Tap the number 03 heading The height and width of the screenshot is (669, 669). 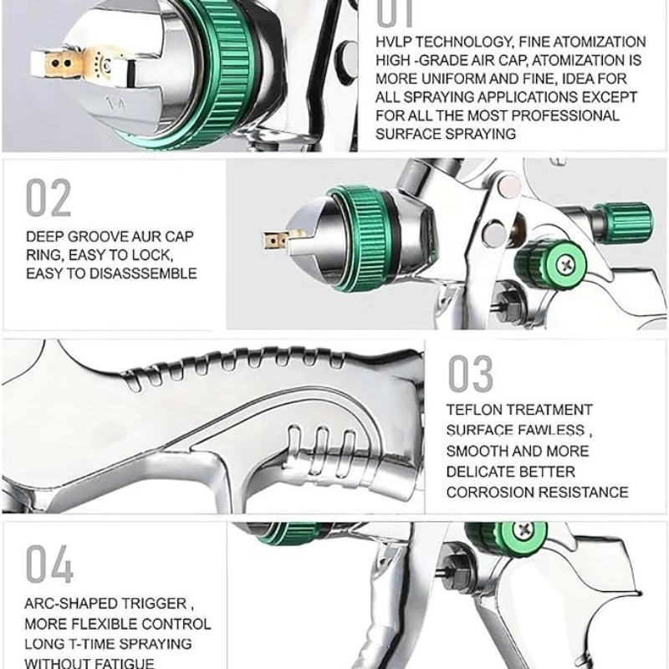coord(470,374)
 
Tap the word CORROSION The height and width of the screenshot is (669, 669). coord(490,493)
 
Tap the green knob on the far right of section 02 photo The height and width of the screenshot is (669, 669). coord(626,219)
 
